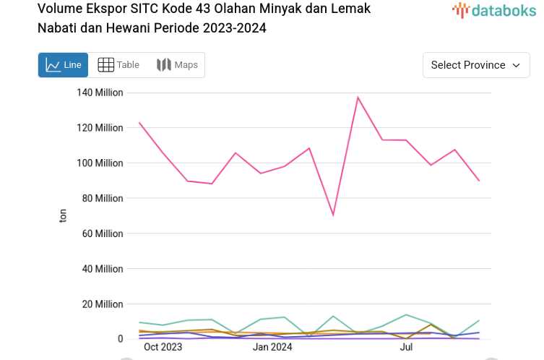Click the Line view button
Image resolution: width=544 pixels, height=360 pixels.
click(63, 65)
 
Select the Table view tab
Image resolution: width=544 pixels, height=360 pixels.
click(118, 65)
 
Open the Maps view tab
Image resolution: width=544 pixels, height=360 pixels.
click(177, 65)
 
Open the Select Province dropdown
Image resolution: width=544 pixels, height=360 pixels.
click(475, 65)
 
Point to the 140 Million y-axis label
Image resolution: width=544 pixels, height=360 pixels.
click(100, 93)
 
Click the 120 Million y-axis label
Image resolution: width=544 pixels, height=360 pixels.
click(100, 128)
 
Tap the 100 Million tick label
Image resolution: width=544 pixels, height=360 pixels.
click(100, 163)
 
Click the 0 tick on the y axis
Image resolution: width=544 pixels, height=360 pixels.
click(120, 338)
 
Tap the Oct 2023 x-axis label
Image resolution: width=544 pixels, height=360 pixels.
click(163, 347)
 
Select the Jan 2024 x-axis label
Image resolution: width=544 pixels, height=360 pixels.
click(272, 347)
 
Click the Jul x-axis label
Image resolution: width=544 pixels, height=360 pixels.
click(406, 347)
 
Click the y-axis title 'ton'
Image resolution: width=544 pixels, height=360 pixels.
click(63, 215)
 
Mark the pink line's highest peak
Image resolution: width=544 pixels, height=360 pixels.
click(358, 97)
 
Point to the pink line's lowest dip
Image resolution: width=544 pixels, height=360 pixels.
click(333, 215)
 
